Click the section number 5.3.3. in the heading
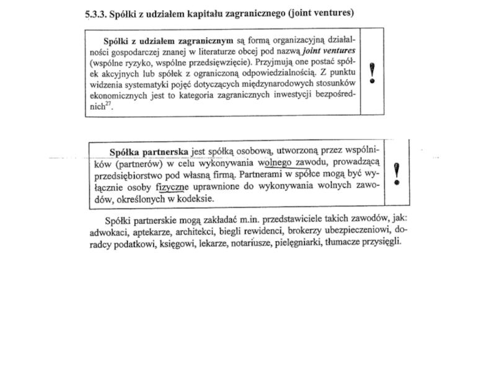coord(97,13)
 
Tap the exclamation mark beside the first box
coord(372,73)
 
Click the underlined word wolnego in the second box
coord(276,163)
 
